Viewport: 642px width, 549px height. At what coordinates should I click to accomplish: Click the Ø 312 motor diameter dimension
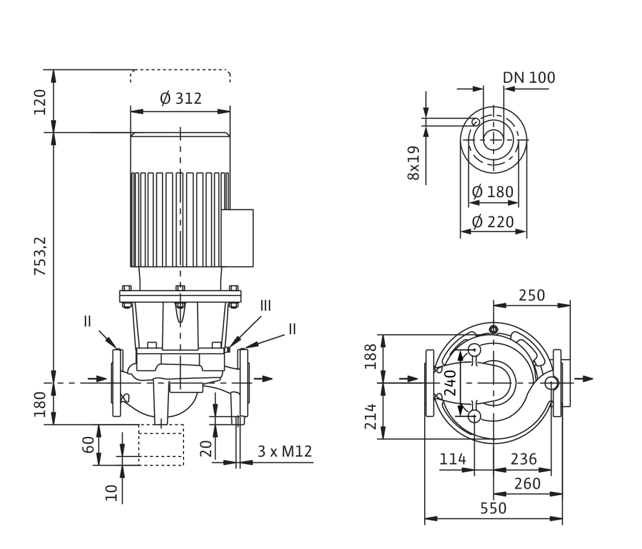tap(181, 98)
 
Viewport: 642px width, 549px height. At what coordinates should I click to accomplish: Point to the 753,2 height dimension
tap(40, 256)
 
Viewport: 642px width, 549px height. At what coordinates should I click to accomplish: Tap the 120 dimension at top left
tap(40, 102)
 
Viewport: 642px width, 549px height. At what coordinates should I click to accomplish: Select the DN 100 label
tap(529, 78)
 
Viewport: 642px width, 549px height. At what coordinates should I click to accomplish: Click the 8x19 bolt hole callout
tap(414, 163)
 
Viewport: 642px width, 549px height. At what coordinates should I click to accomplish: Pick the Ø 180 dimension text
tap(493, 192)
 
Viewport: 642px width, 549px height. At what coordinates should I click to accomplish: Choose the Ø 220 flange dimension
tap(493, 222)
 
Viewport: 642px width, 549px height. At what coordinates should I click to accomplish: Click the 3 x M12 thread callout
tap(285, 452)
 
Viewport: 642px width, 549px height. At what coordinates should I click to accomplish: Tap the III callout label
tap(265, 306)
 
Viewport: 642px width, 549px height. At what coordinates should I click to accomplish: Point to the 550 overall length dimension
tap(493, 508)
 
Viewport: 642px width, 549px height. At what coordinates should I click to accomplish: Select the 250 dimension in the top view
tap(532, 296)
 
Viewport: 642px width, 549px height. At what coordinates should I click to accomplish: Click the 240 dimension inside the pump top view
tap(450, 383)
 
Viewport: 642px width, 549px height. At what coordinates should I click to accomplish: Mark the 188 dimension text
tap(371, 356)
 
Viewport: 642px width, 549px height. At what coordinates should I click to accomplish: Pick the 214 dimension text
tap(371, 417)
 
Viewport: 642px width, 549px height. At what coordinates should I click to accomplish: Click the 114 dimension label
tap(453, 459)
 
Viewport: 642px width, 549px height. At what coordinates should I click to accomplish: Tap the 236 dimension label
tap(524, 459)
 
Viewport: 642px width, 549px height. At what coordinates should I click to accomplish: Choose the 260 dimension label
tap(528, 484)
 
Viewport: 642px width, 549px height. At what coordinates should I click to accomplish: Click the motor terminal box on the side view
tap(238, 238)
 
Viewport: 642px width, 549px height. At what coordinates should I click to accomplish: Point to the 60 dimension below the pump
tap(88, 445)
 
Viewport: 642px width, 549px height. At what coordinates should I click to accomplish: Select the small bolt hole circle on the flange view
tap(475, 122)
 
